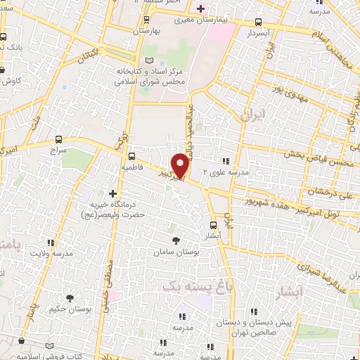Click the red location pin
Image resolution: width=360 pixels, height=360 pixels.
[x=181, y=165]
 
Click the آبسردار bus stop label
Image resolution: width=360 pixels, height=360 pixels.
[x=259, y=33]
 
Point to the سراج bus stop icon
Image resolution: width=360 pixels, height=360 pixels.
[x=59, y=141]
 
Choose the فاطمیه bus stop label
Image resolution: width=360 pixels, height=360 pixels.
[x=132, y=168]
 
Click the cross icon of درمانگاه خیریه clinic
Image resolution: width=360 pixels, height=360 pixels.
[x=112, y=193]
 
